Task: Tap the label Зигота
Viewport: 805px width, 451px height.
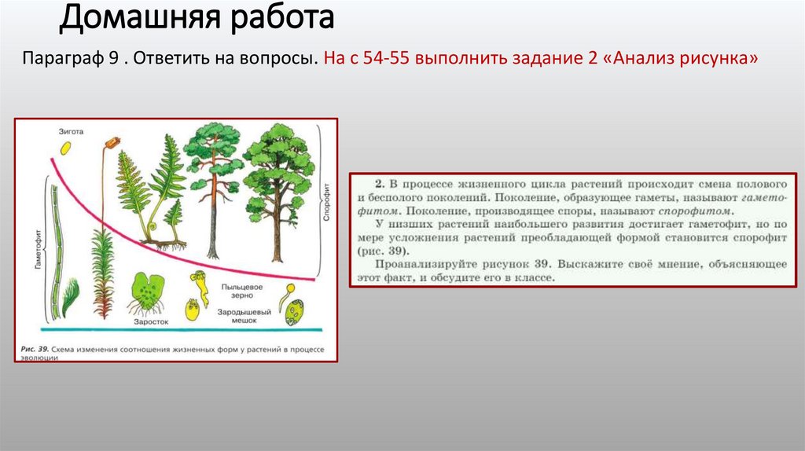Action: point(69,130)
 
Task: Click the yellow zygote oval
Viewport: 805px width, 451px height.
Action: point(68,147)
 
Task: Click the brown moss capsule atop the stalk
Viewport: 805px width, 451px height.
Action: point(112,142)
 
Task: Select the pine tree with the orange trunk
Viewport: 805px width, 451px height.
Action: point(211,189)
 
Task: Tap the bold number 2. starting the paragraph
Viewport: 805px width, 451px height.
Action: point(379,180)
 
